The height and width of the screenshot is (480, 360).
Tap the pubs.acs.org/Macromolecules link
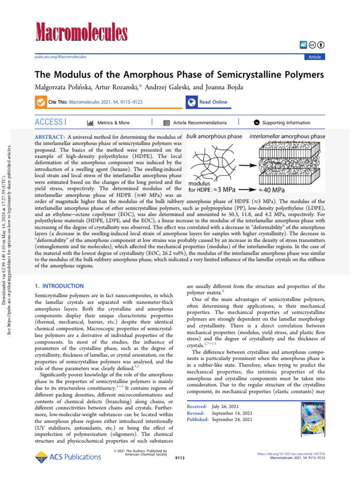coord(60,57)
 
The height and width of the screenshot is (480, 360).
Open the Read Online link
coord(213,102)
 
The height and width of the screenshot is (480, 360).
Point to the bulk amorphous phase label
coord(215,136)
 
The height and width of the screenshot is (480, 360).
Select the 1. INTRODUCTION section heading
coord(60,286)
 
